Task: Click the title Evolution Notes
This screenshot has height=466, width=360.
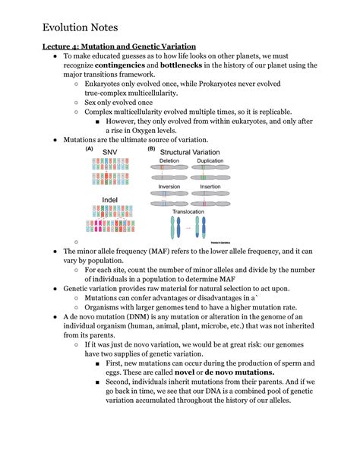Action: click(x=81, y=27)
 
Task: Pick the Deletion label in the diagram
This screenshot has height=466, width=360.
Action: click(x=169, y=161)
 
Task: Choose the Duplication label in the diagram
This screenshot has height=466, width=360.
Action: click(x=210, y=161)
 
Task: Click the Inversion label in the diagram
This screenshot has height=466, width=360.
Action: click(x=169, y=186)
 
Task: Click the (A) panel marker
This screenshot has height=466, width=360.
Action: click(x=90, y=149)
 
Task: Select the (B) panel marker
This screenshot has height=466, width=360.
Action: click(x=151, y=149)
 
